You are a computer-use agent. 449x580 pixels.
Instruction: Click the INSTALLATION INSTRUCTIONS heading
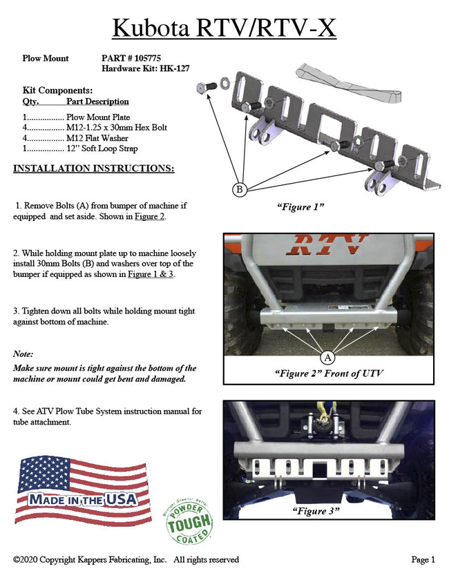[94, 169]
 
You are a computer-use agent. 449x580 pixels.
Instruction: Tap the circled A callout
[329, 358]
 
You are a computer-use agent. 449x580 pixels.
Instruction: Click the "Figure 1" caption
[301, 207]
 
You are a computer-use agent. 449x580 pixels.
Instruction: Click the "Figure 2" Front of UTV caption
[329, 374]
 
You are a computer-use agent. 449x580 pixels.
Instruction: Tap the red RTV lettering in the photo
[329, 244]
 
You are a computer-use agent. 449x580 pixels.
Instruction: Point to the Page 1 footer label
[423, 560]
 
